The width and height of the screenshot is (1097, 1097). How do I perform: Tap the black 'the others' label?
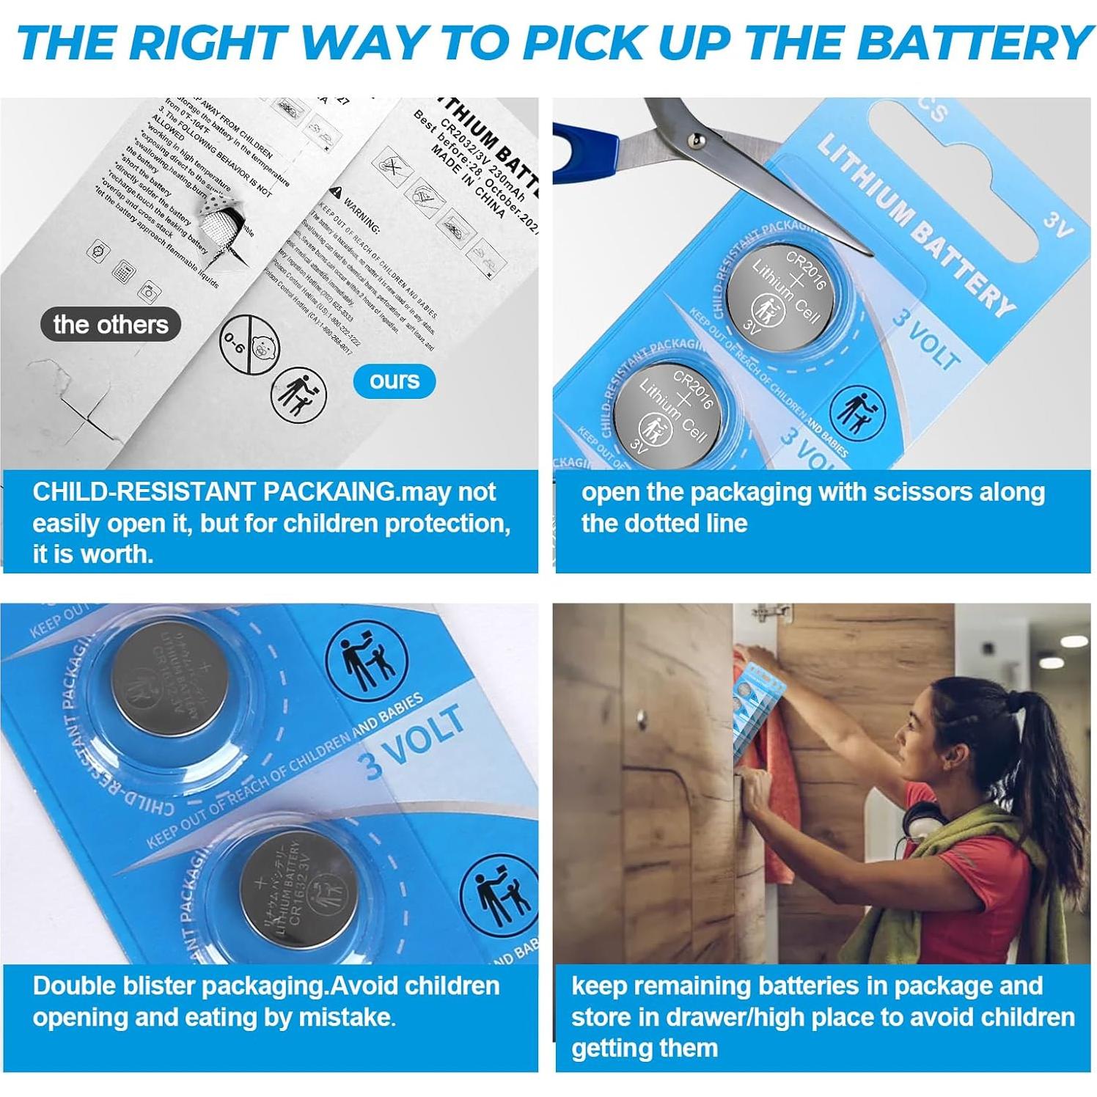(x=110, y=324)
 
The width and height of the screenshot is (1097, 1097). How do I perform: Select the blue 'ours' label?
(x=395, y=381)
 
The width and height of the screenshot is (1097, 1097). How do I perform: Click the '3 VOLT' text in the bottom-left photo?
(x=411, y=742)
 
